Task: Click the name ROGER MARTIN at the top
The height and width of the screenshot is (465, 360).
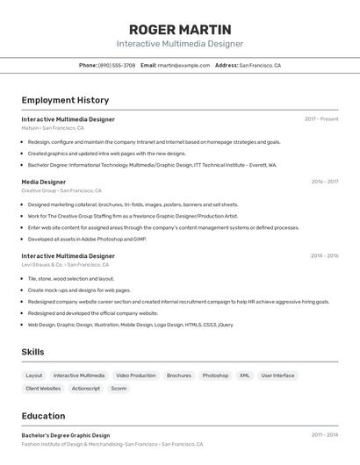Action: coord(180,29)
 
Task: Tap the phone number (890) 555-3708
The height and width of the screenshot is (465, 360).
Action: coord(117,65)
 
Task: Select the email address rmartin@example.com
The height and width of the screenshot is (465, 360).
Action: coord(184,65)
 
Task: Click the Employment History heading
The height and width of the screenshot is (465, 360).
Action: coord(65,100)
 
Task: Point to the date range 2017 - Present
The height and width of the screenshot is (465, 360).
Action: coord(321,119)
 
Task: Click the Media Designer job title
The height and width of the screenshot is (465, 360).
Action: coord(44,182)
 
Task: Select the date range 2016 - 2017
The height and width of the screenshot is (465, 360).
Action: coord(324,182)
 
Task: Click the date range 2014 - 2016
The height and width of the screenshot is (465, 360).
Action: coord(324,256)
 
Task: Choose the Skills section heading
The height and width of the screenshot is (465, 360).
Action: coord(33,352)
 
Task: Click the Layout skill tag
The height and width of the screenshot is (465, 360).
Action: coord(34,376)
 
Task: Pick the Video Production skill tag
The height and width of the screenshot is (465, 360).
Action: coord(136,376)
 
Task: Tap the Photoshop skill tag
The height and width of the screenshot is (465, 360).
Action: coord(215,376)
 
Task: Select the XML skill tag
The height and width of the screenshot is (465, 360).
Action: coord(245,376)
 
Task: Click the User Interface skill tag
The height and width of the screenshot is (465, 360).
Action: coord(277,376)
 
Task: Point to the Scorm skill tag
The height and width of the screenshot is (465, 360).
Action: coord(119,388)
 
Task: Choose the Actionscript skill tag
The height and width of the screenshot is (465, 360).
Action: coord(86,388)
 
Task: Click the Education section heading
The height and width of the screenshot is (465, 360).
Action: coord(43,416)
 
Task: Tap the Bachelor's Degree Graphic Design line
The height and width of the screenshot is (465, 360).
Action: coord(66,435)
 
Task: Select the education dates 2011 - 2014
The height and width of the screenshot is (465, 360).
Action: coord(324,435)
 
